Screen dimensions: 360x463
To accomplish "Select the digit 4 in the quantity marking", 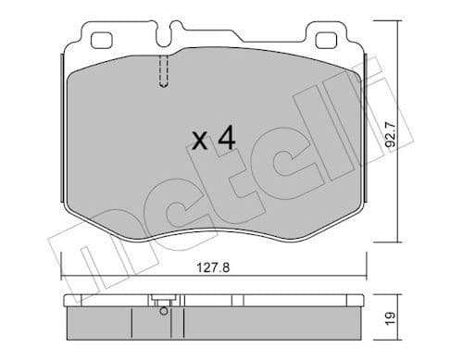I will click(x=224, y=139).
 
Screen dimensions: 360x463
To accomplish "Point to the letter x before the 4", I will click(x=197, y=142).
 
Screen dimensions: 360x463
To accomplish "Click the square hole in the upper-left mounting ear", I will click(x=101, y=39).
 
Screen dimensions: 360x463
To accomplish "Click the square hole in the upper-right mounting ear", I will click(x=328, y=39).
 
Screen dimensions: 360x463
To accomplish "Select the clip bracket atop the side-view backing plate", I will click(x=163, y=301).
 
